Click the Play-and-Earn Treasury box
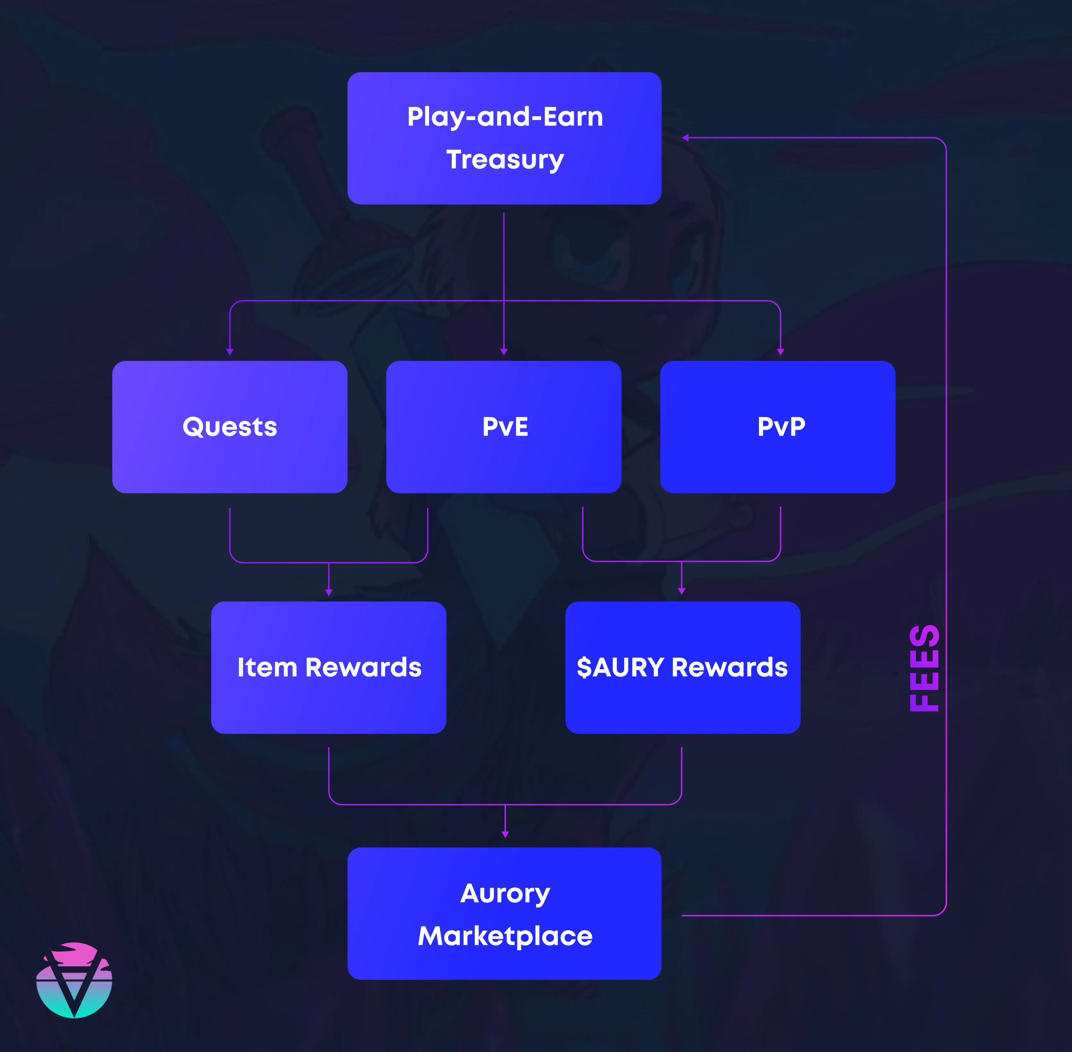point(504,138)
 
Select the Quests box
point(230,427)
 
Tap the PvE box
point(504,427)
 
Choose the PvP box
point(778,427)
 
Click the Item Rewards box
point(328,667)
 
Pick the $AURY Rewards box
point(683,667)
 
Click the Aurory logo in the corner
point(74,980)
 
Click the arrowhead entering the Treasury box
point(685,138)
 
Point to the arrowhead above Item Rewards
point(328,592)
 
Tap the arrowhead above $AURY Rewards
point(682,591)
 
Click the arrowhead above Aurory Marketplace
point(505,834)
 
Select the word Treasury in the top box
point(505,160)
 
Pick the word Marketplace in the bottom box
point(505,936)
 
